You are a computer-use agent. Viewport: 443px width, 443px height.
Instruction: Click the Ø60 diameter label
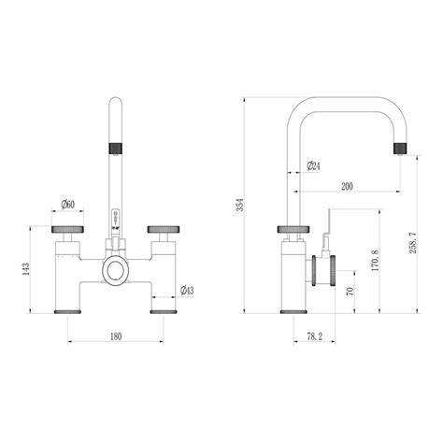tap(69, 203)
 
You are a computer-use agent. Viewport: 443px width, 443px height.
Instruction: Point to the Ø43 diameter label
tap(186, 290)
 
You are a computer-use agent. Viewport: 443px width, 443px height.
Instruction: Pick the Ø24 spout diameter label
tap(314, 167)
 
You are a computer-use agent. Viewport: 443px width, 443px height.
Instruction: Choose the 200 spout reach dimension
tap(347, 187)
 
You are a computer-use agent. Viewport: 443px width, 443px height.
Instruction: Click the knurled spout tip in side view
tap(404, 147)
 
